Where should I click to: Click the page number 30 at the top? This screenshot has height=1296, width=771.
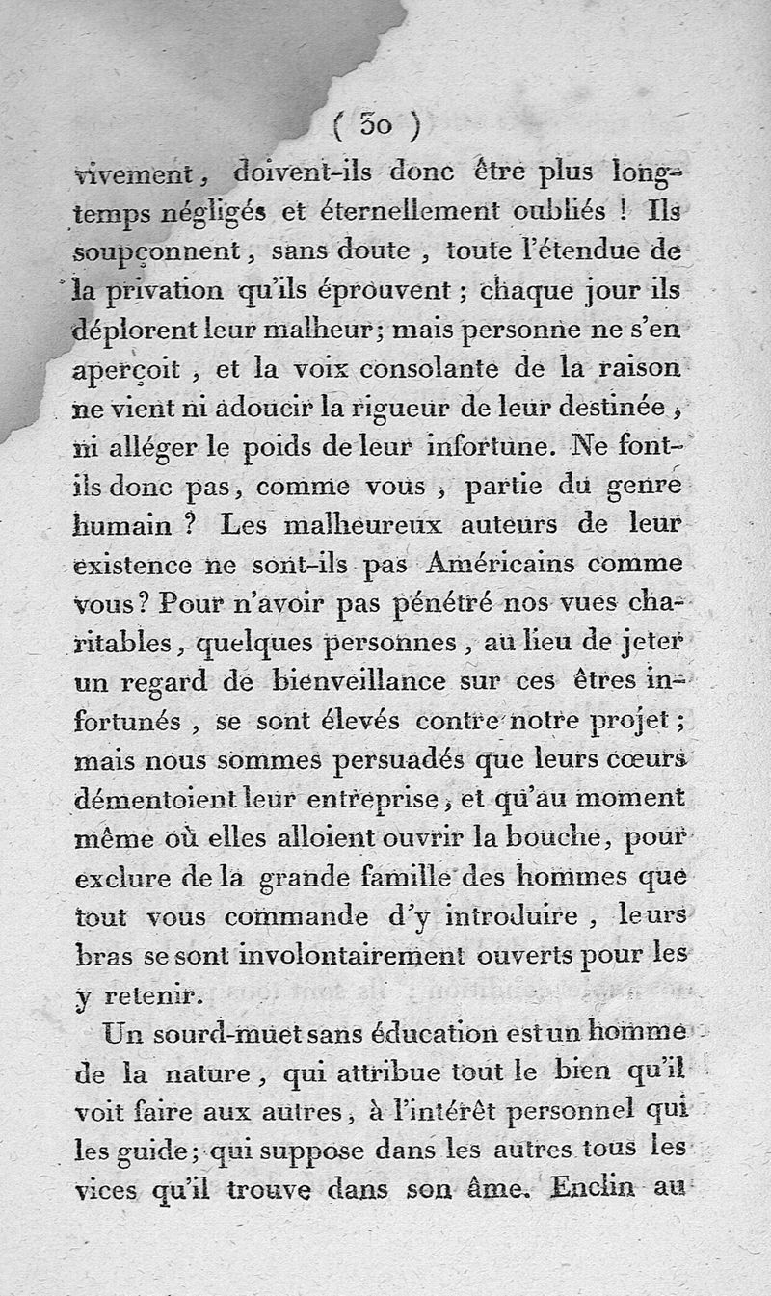coord(376,124)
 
